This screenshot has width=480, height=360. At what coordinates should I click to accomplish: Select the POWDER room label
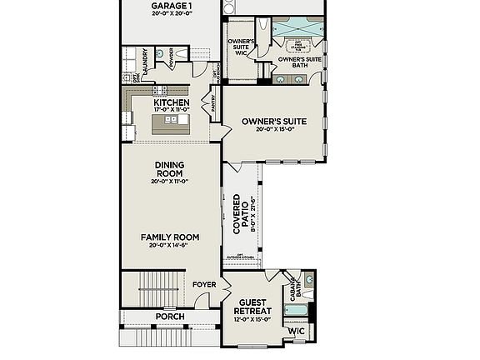coord(171,57)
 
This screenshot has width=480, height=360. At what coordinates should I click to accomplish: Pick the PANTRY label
coord(214,102)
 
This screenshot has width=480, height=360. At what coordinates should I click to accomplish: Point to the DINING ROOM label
coord(169,169)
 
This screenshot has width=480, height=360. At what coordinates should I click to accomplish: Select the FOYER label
coord(204,285)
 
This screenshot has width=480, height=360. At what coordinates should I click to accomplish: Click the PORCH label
coord(170,317)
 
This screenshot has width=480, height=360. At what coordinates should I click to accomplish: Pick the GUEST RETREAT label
coord(255,307)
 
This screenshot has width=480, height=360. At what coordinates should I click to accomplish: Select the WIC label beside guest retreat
coord(297,331)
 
